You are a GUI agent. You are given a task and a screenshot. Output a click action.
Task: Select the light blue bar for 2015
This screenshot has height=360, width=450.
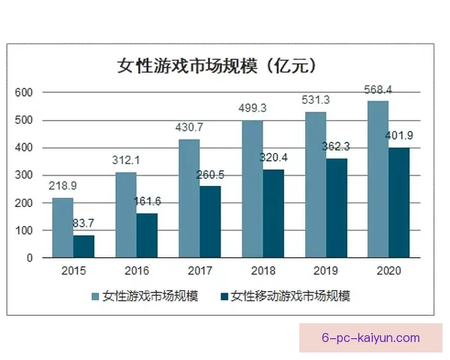point(62,228)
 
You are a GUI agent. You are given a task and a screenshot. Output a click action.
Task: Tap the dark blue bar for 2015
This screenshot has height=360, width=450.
point(84,247)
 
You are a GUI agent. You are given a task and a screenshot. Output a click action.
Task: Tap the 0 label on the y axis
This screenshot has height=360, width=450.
point(29,259)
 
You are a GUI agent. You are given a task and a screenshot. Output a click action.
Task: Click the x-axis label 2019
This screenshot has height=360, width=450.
point(326,271)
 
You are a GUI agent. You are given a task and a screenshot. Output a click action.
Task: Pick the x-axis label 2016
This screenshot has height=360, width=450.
point(136,271)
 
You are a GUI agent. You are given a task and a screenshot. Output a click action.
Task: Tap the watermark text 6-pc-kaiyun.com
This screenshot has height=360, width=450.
point(370,337)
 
